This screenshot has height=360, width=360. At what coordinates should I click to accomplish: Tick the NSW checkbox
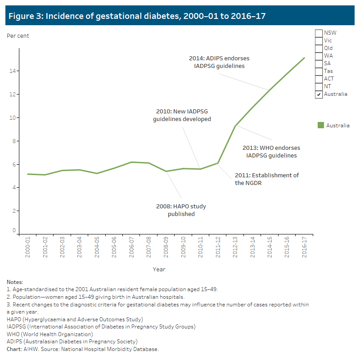[x=319, y=33]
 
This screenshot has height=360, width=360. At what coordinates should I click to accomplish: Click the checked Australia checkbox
[x=319, y=94]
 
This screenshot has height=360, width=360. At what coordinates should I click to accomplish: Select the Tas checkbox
[x=319, y=71]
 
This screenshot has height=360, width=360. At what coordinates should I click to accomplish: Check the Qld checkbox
[x=319, y=48]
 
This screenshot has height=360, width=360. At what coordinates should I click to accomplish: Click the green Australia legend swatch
[x=320, y=126]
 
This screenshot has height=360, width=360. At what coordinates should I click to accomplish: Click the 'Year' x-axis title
[x=159, y=270]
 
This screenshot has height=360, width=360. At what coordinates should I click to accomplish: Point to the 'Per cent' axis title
[x=18, y=36]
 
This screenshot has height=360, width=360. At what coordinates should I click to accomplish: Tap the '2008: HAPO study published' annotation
[x=181, y=210]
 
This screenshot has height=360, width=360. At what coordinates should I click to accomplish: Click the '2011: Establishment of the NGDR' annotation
[x=266, y=179]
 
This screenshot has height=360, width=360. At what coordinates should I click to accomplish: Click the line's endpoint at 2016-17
[x=305, y=58]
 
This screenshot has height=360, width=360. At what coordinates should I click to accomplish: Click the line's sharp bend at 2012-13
[x=235, y=126]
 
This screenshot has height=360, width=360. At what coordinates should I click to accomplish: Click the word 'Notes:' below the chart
[x=15, y=282]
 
